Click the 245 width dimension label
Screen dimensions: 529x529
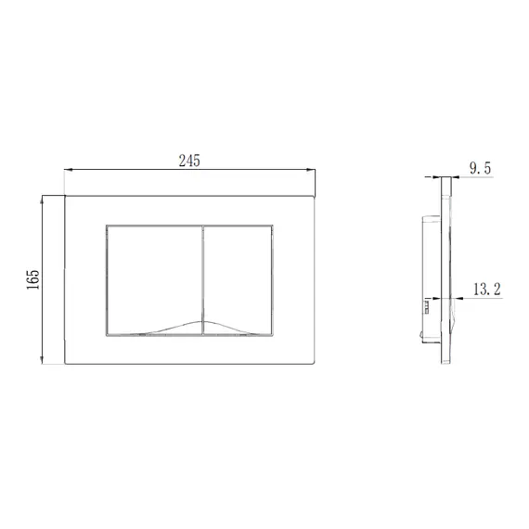click(x=189, y=161)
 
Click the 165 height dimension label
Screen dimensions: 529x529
click(x=33, y=279)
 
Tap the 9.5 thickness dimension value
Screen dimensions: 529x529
click(x=481, y=168)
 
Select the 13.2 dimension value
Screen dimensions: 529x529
click(x=487, y=290)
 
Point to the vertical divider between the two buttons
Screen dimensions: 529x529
click(x=203, y=280)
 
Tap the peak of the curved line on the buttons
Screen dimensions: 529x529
click(x=203, y=321)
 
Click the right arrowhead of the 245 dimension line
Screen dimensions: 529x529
click(x=311, y=170)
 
